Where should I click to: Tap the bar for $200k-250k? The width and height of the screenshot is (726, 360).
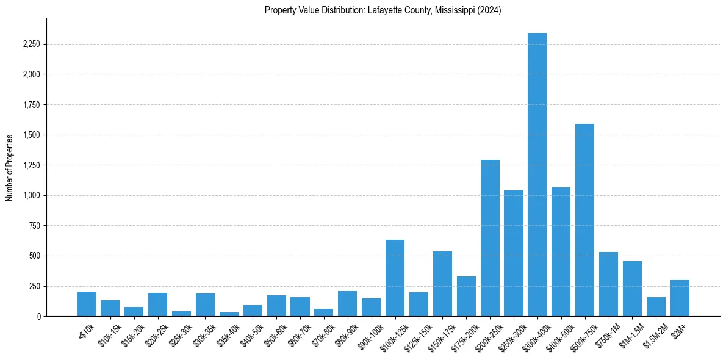[490, 238]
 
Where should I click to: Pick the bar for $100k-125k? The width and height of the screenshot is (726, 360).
[395, 278]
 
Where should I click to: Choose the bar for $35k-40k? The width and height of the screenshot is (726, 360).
[229, 314]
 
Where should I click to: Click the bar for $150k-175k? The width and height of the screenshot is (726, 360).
[442, 284]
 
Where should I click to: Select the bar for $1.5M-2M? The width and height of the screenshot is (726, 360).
[656, 306]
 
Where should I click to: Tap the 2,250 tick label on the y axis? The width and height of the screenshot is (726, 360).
[31, 45]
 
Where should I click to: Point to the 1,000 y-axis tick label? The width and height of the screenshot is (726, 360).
[31, 196]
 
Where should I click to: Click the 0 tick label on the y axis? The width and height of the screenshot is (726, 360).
[38, 317]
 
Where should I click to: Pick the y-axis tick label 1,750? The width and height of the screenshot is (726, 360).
[31, 105]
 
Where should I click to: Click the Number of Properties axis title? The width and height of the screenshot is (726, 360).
[10, 168]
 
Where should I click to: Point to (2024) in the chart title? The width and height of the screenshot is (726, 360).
[490, 10]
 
